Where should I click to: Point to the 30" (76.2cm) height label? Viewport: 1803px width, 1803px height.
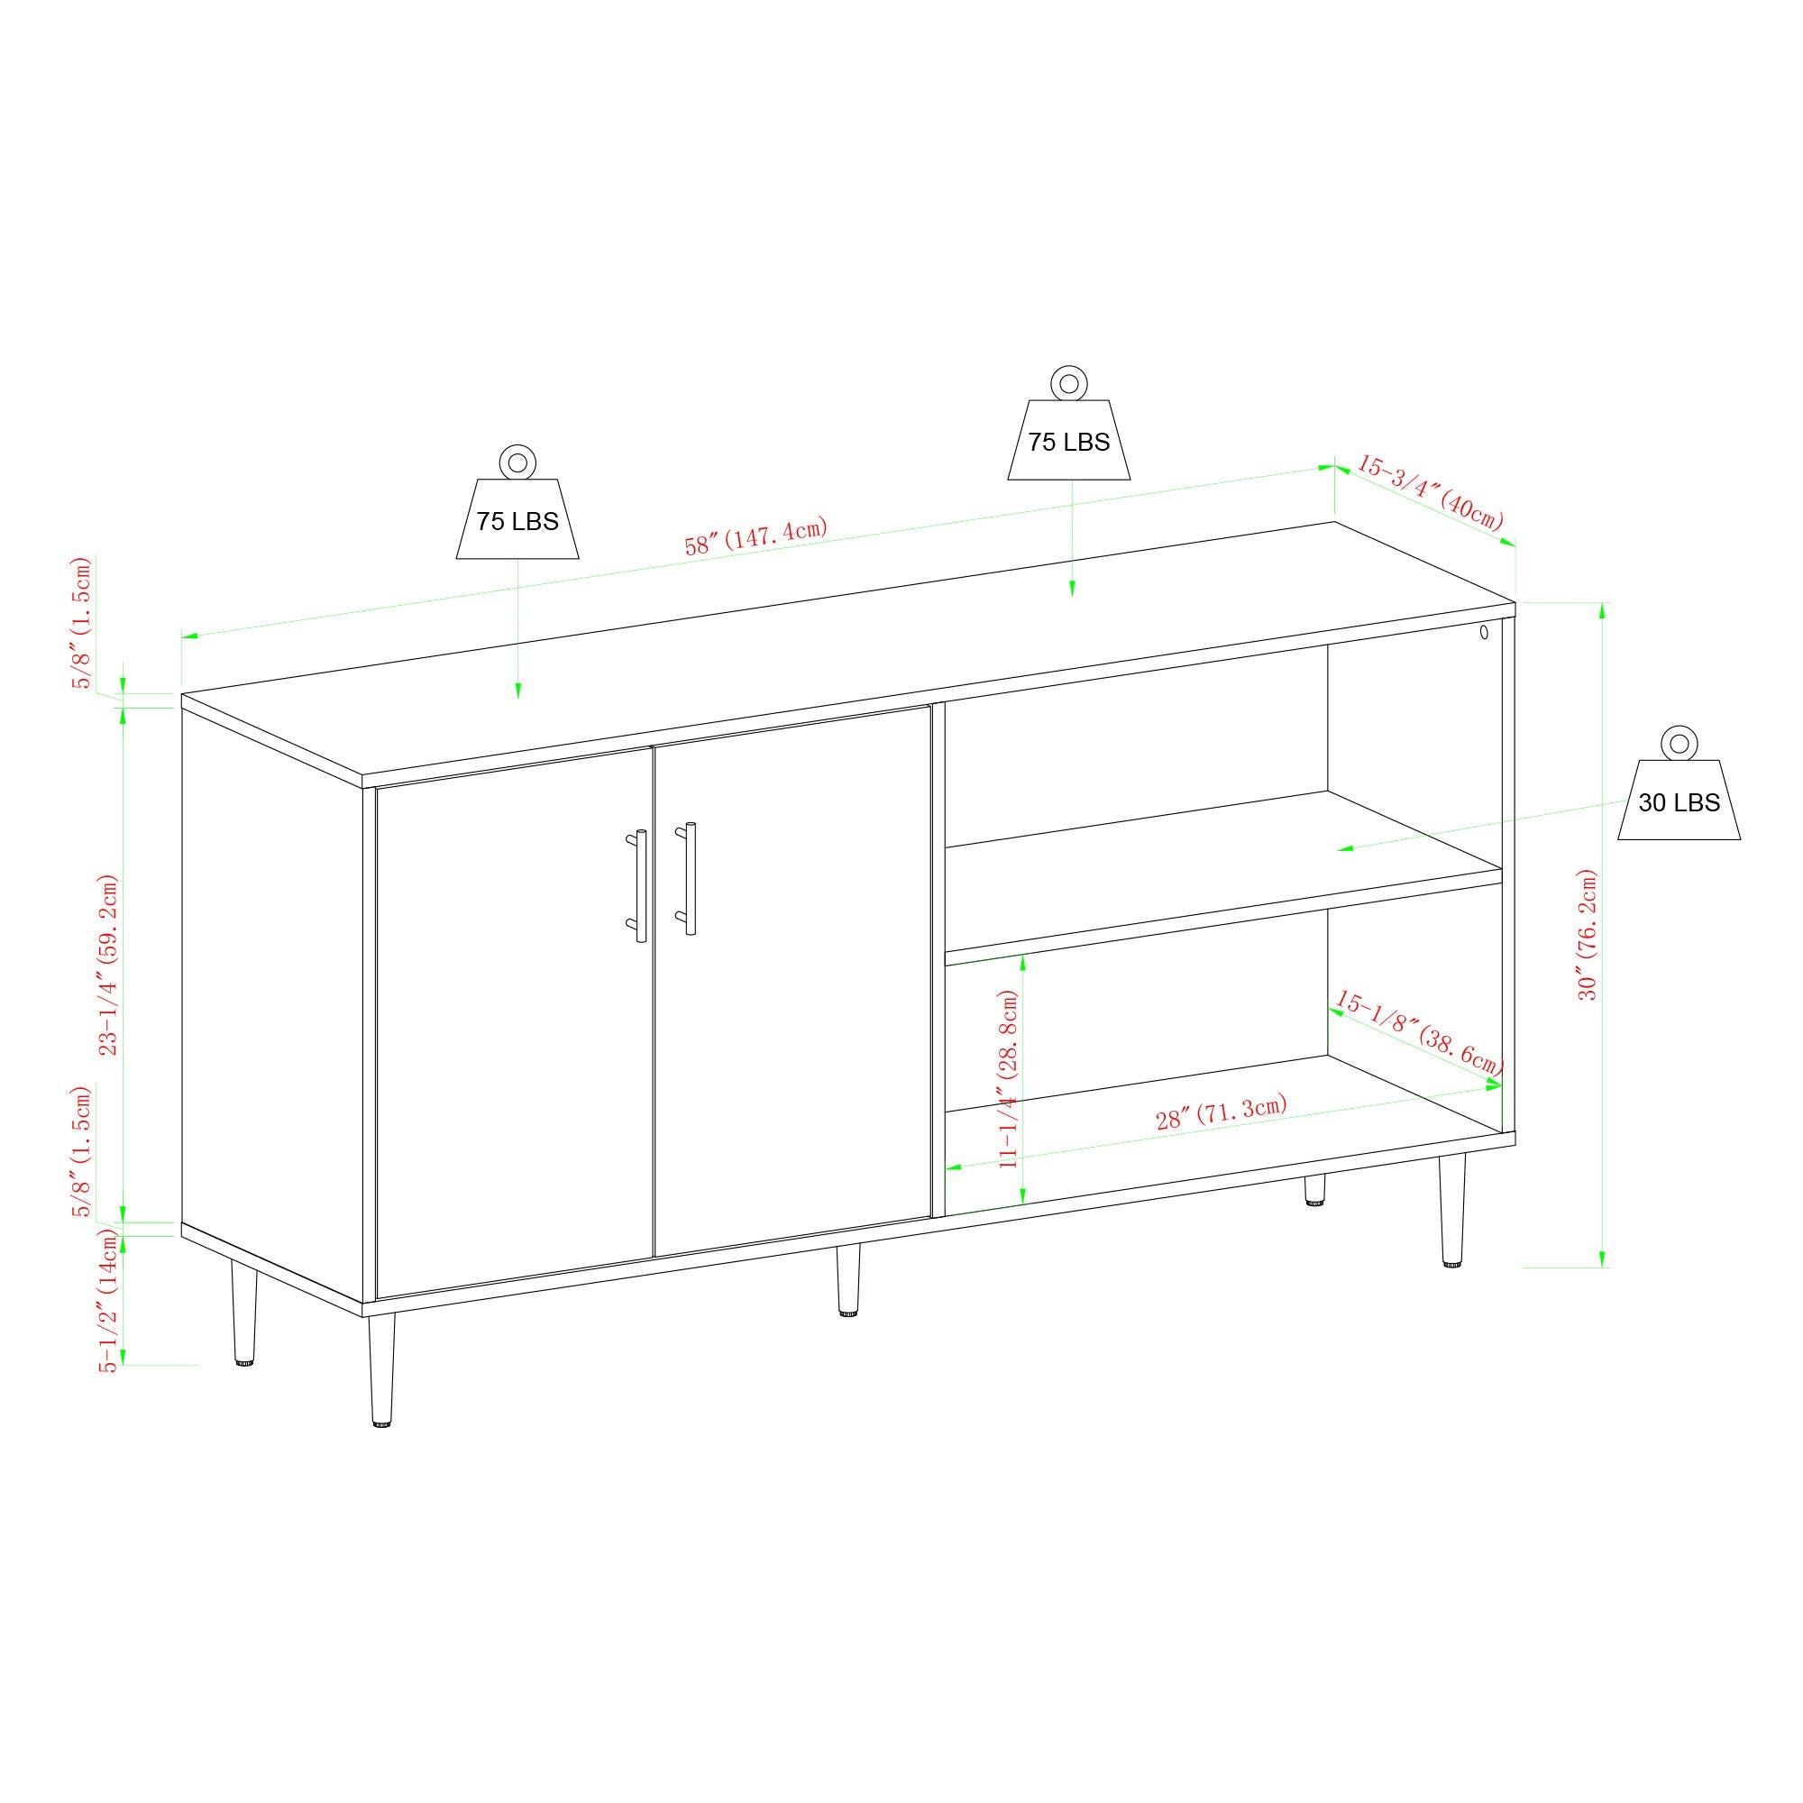[x=1588, y=934]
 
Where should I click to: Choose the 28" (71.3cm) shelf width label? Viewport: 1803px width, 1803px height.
[x=1222, y=1112]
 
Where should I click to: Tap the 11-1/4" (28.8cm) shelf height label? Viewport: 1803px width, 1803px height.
[x=1008, y=1079]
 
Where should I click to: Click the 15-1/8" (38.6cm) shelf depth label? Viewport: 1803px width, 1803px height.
[x=1418, y=1032]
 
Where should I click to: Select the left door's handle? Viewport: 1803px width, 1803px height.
[x=639, y=884]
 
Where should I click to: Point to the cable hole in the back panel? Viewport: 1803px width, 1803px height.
[x=1484, y=632]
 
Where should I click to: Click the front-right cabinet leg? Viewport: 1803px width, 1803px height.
[x=1451, y=1211]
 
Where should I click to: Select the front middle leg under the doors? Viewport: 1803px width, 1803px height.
[x=847, y=1279]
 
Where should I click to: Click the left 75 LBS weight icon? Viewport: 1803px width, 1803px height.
[x=517, y=519]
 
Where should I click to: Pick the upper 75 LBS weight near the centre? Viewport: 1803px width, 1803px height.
[x=1068, y=441]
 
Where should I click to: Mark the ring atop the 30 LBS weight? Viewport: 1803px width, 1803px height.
[x=1678, y=744]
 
